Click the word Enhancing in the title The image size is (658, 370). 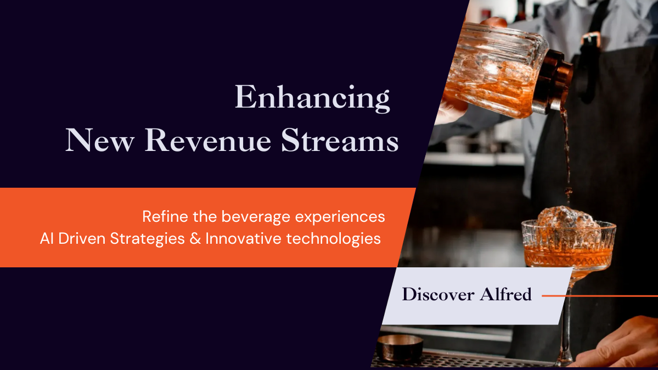tap(312, 98)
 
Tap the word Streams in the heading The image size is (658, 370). tap(340, 141)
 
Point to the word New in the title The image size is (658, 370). tap(100, 141)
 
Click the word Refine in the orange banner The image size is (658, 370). tap(165, 217)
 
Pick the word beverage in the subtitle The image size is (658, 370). tap(256, 217)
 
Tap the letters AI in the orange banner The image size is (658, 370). tap(47, 239)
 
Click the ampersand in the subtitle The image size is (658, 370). tap(195, 239)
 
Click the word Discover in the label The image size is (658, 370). tap(438, 294)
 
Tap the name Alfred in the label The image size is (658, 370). tap(505, 294)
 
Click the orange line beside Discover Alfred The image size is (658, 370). tap(600, 296)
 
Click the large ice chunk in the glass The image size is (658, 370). tap(564, 218)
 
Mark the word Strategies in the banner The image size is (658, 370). tap(147, 239)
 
